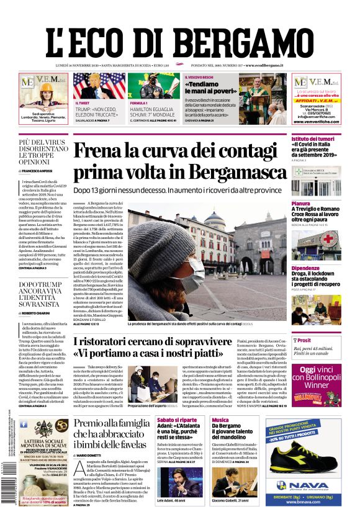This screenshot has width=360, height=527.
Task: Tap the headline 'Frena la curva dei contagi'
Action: tap(176, 151)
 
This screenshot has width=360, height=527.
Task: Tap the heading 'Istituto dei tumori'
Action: tap(314, 139)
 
